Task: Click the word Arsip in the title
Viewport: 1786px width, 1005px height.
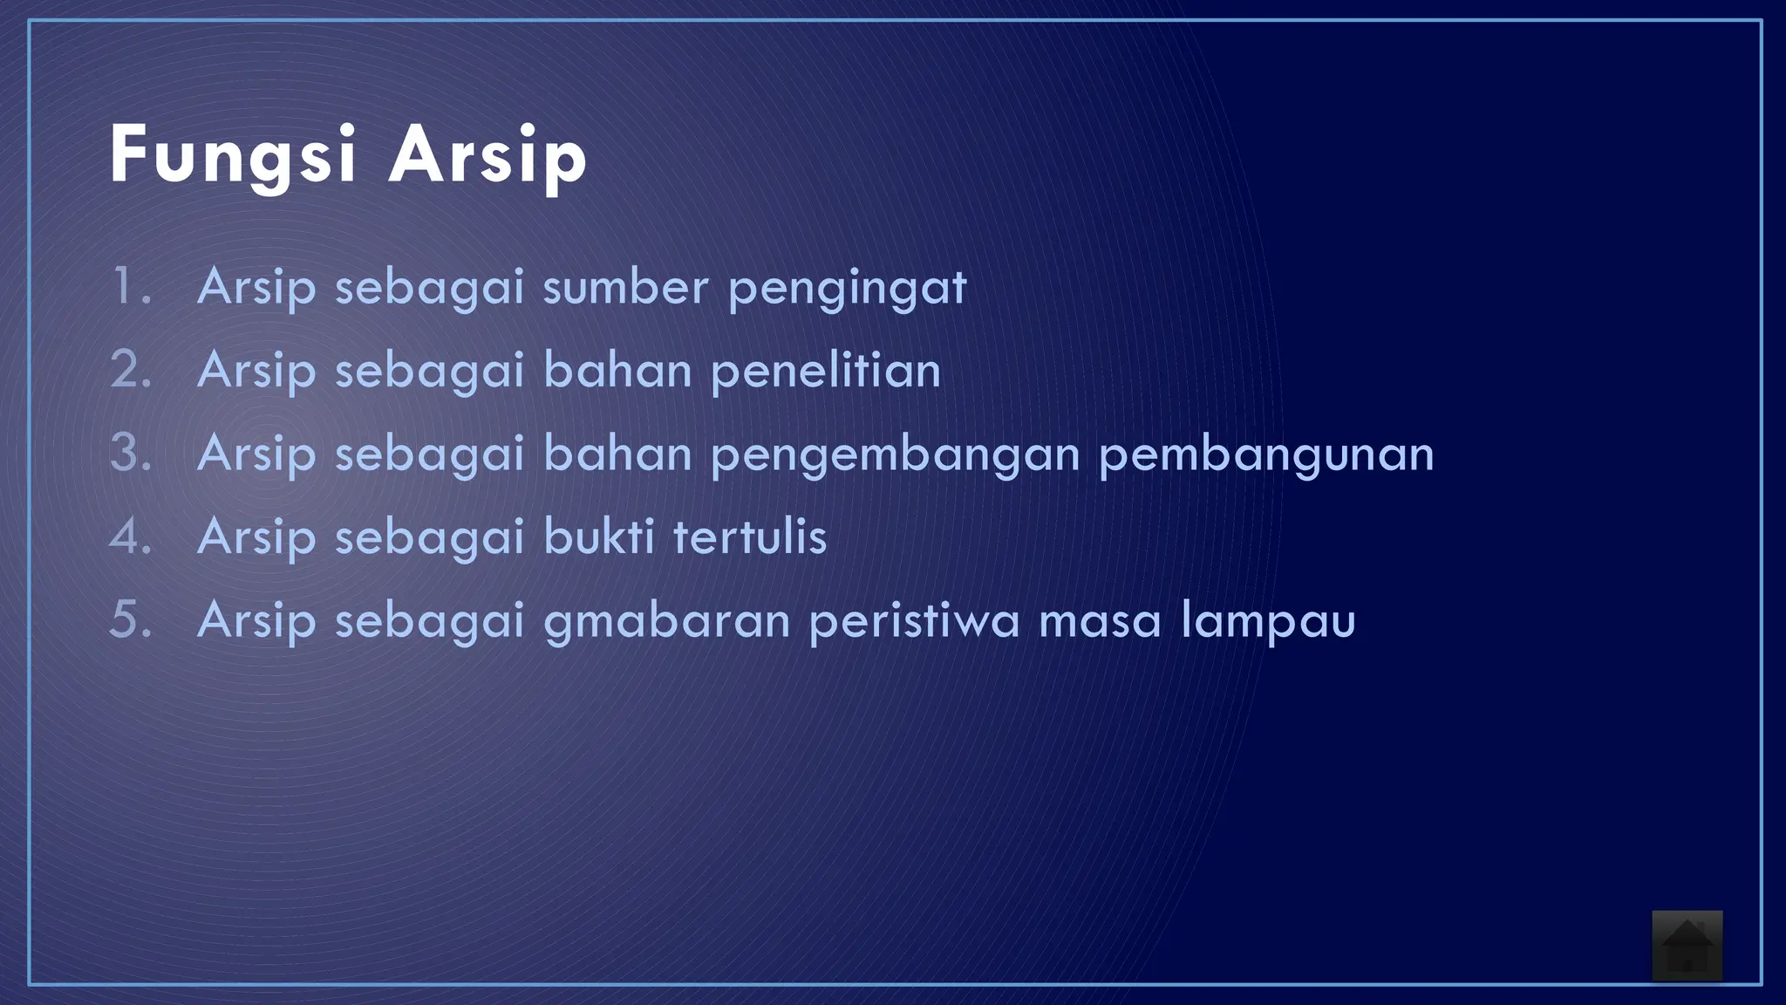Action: point(487,155)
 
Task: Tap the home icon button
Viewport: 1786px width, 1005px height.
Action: point(1687,946)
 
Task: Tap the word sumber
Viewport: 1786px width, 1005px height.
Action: point(625,286)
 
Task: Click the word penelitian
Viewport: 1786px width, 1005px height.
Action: point(826,370)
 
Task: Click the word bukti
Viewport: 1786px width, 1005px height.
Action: point(598,536)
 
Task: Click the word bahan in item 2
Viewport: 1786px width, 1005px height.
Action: point(617,370)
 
